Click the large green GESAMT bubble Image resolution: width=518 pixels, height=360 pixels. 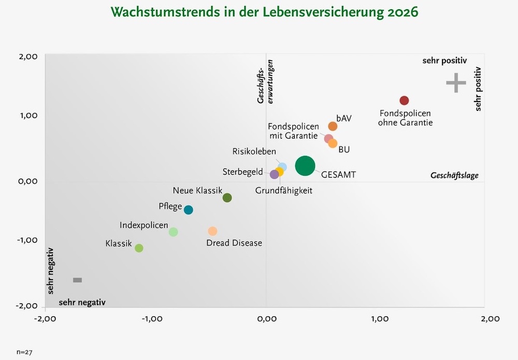(305, 166)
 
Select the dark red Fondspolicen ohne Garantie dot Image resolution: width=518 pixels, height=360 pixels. (404, 100)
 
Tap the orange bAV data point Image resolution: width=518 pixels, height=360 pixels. (333, 126)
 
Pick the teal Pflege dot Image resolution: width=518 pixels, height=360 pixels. (189, 210)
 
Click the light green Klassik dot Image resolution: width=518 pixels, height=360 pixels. (139, 248)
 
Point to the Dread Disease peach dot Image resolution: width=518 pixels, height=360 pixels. (212, 231)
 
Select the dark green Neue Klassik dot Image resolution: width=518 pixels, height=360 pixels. (227, 197)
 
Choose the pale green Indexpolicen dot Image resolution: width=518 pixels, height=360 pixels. (174, 232)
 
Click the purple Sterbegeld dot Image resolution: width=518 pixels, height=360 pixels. (275, 175)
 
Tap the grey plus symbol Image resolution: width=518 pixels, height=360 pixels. (456, 83)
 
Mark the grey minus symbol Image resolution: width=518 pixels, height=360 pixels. (77, 280)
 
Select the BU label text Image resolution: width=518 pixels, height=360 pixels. (344, 150)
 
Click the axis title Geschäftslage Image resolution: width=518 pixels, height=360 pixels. (454, 176)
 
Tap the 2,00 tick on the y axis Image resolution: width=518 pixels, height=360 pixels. (27, 56)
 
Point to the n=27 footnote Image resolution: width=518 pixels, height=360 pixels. (25, 352)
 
